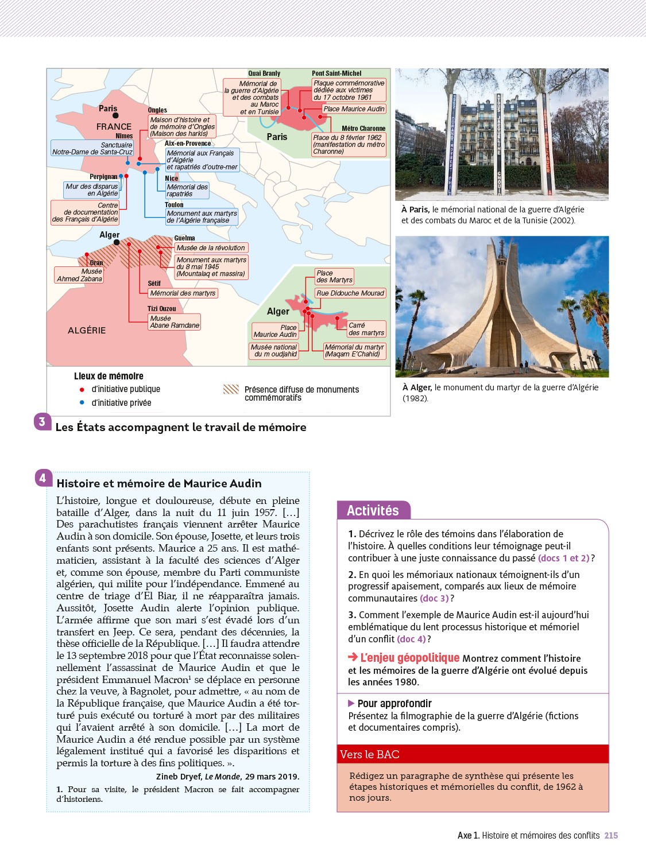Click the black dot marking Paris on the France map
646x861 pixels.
click(x=115, y=115)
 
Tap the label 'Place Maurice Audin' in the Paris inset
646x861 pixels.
click(x=354, y=109)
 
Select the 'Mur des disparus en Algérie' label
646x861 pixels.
click(x=92, y=190)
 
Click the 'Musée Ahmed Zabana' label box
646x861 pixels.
click(x=79, y=275)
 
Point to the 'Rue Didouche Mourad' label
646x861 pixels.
click(x=350, y=293)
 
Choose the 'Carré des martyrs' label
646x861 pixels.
click(x=366, y=329)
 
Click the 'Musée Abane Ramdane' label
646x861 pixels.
click(x=174, y=322)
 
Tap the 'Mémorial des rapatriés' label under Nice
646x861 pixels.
click(x=187, y=191)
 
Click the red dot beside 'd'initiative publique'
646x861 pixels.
click(x=82, y=390)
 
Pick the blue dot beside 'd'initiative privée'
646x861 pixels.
click(x=82, y=403)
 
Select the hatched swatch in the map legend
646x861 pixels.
click(x=231, y=390)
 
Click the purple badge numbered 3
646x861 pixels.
click(x=42, y=422)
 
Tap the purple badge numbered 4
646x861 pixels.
click(x=42, y=478)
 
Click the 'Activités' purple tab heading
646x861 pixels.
click(x=373, y=510)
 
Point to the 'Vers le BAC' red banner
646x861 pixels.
click(x=472, y=754)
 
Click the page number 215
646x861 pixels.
click(x=611, y=836)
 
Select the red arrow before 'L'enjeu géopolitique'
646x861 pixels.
click(x=353, y=657)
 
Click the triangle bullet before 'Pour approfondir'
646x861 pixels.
click(x=351, y=703)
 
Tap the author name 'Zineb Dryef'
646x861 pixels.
click(x=179, y=777)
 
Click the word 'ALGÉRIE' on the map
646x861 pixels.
click(x=87, y=331)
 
